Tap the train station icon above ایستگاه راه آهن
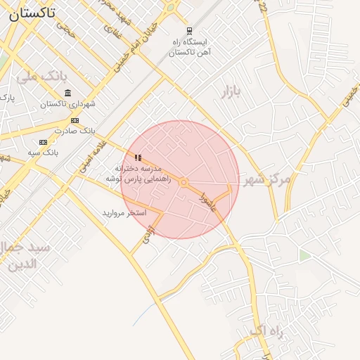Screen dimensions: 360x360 pyautogui.click(x=188, y=31)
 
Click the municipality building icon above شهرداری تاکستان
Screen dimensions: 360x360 pyautogui.click(x=67, y=93)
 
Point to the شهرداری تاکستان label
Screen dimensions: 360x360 pyautogui.click(x=67, y=104)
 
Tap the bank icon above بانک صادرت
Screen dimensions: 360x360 pyautogui.click(x=75, y=120)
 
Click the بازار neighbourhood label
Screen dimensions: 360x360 pyautogui.click(x=231, y=92)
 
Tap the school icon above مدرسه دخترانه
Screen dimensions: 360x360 pyautogui.click(x=139, y=158)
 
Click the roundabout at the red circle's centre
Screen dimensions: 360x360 pyautogui.click(x=183, y=183)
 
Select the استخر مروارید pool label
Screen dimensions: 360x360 pyautogui.click(x=124, y=212)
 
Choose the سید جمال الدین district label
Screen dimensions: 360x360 pyautogui.click(x=25, y=256)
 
